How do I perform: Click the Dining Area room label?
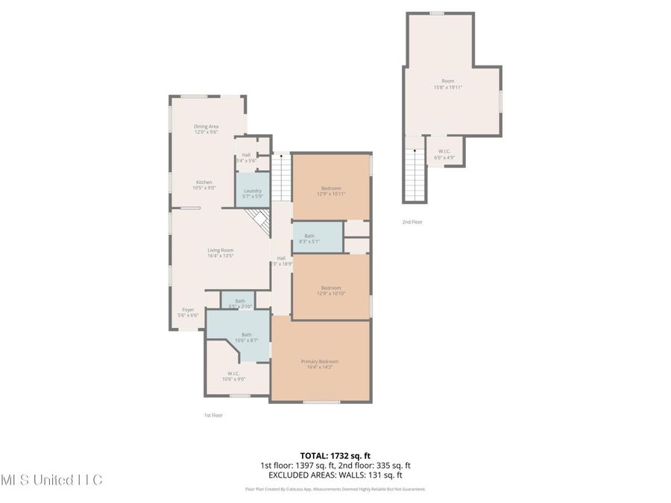click(207, 129)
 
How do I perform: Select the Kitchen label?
click(204, 185)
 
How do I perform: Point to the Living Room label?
click(221, 253)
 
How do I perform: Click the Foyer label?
click(188, 312)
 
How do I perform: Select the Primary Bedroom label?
click(321, 364)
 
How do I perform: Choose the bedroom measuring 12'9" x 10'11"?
click(331, 190)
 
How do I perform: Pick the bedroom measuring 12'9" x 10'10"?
click(331, 290)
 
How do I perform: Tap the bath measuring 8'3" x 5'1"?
click(309, 238)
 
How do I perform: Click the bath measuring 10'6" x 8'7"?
click(246, 337)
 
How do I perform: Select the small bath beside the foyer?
click(240, 303)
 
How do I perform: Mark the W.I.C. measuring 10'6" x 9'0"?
click(233, 376)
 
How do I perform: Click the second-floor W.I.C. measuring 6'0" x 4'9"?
click(444, 154)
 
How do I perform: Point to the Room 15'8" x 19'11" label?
click(448, 83)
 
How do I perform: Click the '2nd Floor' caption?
click(412, 222)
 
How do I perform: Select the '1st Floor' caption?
click(213, 415)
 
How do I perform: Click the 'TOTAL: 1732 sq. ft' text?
click(335, 454)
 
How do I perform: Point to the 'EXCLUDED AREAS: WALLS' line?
click(335, 474)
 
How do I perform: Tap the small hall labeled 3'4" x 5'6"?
click(246, 157)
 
